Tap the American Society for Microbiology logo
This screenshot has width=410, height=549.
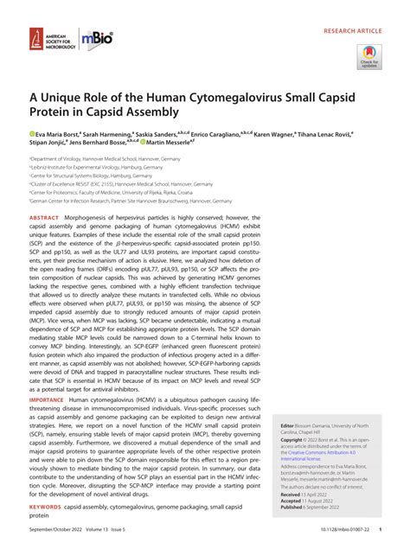(x=43, y=40)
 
